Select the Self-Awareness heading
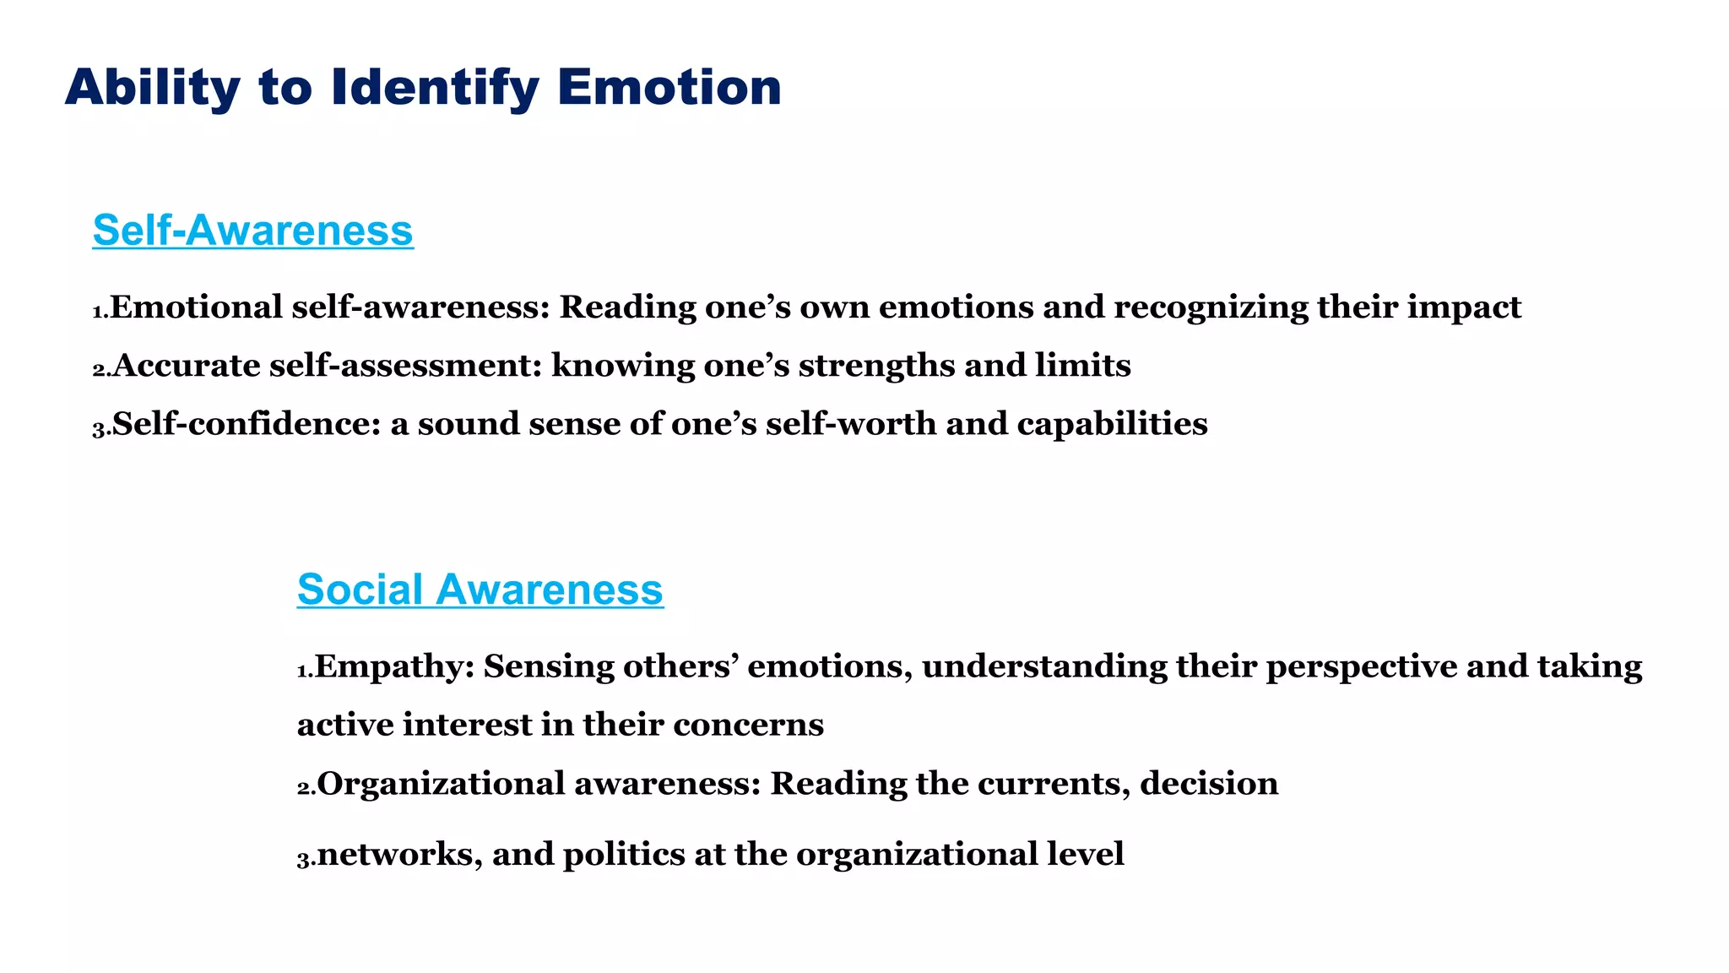252,230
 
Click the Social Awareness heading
480,589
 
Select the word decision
1209,784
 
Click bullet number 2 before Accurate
101,370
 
